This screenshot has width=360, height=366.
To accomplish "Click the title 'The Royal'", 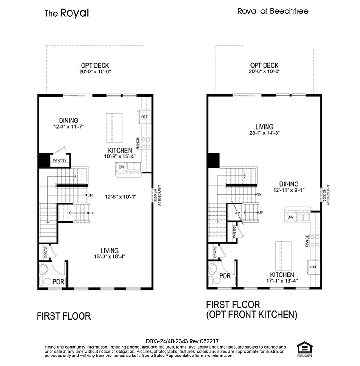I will tap(67, 13).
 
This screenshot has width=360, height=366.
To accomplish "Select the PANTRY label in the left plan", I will tap(60, 161).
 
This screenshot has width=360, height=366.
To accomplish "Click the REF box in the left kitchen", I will tap(144, 116).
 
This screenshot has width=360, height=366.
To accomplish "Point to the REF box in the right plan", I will tap(314, 267).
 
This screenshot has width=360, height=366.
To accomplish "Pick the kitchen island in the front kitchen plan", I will tap(282, 254).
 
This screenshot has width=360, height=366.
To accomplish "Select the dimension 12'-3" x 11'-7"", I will tap(69, 127).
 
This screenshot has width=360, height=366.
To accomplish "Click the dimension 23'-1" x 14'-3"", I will tap(264, 133).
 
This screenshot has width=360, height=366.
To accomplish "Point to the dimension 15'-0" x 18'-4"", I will tap(109, 257).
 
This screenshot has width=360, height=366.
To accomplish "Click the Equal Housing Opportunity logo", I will tap(302, 347).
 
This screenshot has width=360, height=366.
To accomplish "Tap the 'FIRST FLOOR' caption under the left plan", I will tap(63, 316).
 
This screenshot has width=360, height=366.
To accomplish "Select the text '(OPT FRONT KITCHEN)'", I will tap(252, 315).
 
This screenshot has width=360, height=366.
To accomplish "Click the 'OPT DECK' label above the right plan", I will tap(264, 66).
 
